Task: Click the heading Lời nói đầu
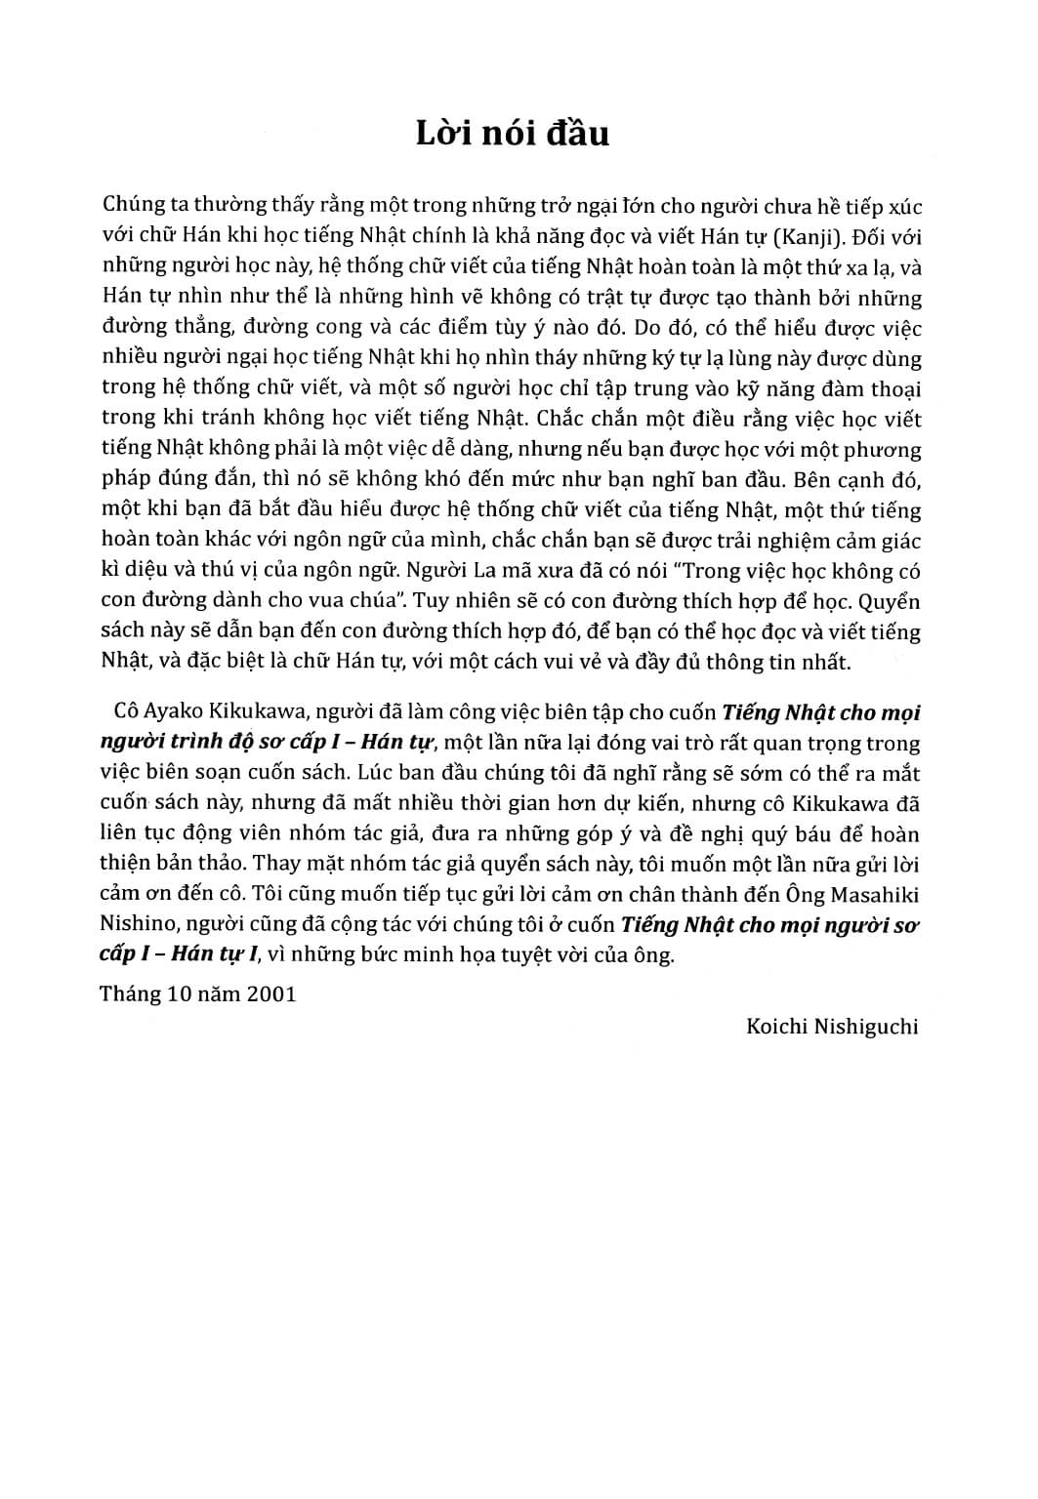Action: (512, 133)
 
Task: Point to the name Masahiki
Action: (876, 895)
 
